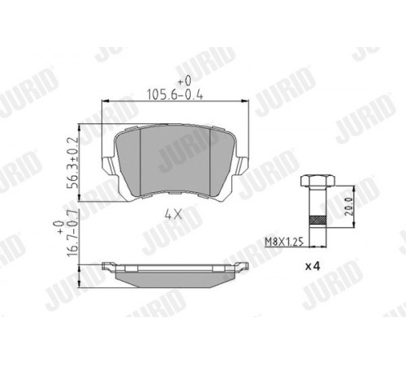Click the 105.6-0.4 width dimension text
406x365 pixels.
point(175,95)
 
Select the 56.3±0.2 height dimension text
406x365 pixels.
point(72,163)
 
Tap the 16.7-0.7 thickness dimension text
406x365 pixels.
point(72,233)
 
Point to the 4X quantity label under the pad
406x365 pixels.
point(173,215)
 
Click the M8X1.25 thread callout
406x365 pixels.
point(283,242)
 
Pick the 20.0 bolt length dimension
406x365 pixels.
point(349,206)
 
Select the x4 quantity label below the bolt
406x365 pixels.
point(313,266)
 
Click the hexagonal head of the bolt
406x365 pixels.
point(317,180)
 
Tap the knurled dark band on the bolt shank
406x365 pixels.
point(317,221)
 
